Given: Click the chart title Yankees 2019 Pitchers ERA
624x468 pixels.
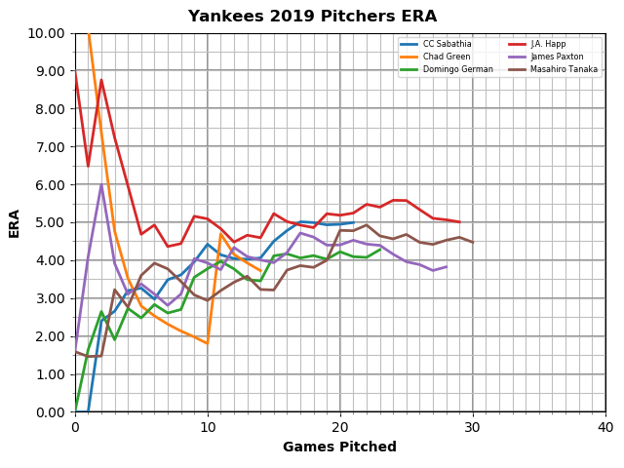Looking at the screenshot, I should pos(312,17).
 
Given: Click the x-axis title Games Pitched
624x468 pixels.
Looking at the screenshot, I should pos(339,448).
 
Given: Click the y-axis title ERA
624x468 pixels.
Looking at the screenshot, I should pos(15,222).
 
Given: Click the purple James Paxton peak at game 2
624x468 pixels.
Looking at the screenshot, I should pos(101,185).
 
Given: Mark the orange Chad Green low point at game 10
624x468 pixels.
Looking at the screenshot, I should pos(208,343).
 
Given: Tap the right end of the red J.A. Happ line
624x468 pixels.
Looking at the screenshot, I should pos(459,222).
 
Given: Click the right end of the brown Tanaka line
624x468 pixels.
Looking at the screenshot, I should pos(473,242).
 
